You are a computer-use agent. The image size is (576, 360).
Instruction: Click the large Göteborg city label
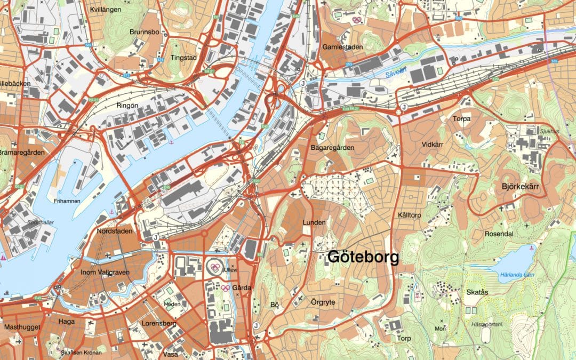pos(363,258)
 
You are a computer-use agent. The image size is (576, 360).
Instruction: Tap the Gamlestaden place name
pos(342,47)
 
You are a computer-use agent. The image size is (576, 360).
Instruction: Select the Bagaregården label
pos(332,147)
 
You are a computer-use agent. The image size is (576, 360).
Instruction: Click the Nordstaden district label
pos(114,231)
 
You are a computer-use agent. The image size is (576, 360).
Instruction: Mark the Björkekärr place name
pos(522,186)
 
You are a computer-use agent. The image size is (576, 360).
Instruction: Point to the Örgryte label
pos(323,302)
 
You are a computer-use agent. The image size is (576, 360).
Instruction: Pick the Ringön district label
pos(127,106)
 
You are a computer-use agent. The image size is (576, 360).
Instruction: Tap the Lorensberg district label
pos(159,323)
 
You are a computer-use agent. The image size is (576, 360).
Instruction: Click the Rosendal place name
pos(498,234)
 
